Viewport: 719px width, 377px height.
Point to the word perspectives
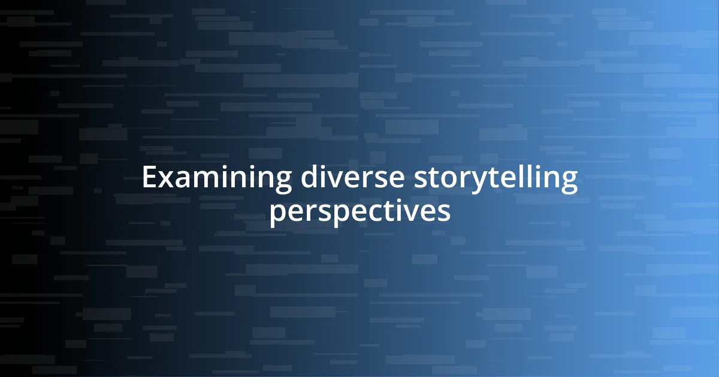tap(359, 212)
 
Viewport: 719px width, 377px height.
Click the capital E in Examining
tap(149, 178)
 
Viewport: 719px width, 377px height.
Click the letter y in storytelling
tap(465, 183)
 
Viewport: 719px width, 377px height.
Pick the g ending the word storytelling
tap(569, 183)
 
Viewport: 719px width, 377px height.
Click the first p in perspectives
tap(277, 214)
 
